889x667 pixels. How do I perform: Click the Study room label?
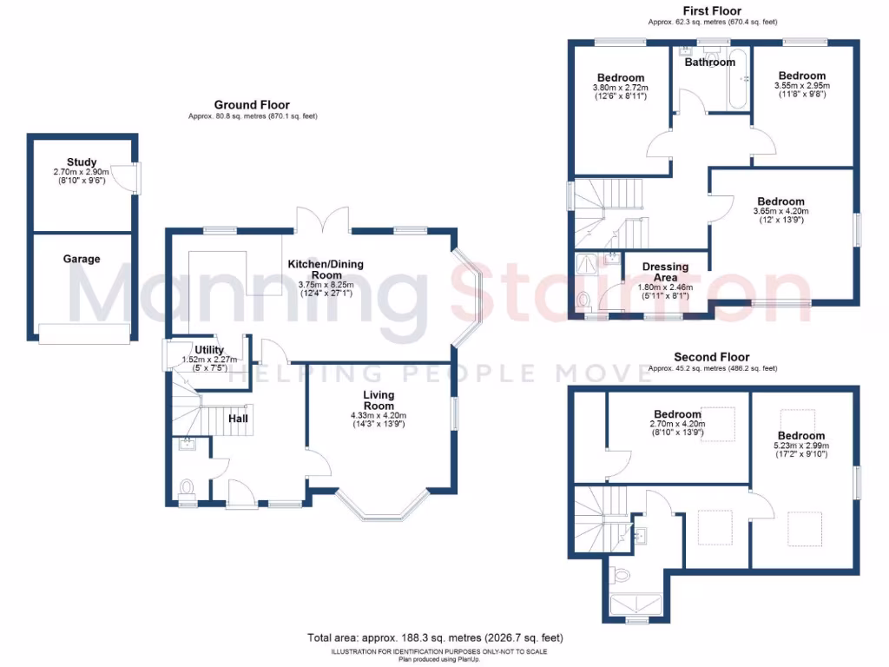click(82, 162)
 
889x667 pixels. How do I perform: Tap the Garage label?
click(82, 259)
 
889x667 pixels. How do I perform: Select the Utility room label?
click(209, 350)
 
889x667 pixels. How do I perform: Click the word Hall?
click(238, 419)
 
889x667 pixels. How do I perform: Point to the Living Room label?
click(379, 400)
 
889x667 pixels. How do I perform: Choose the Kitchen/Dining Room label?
click(326, 269)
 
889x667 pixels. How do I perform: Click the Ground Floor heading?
click(252, 105)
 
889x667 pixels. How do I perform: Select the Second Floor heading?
click(712, 357)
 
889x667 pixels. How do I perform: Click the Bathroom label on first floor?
click(709, 63)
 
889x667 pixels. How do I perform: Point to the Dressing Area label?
click(665, 272)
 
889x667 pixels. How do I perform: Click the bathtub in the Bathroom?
click(737, 80)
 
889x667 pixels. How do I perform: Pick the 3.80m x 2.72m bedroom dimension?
click(620, 88)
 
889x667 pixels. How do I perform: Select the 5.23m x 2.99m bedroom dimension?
click(800, 446)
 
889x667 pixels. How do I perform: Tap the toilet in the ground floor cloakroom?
click(186, 486)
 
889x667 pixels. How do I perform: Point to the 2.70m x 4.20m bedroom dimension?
click(677, 425)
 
